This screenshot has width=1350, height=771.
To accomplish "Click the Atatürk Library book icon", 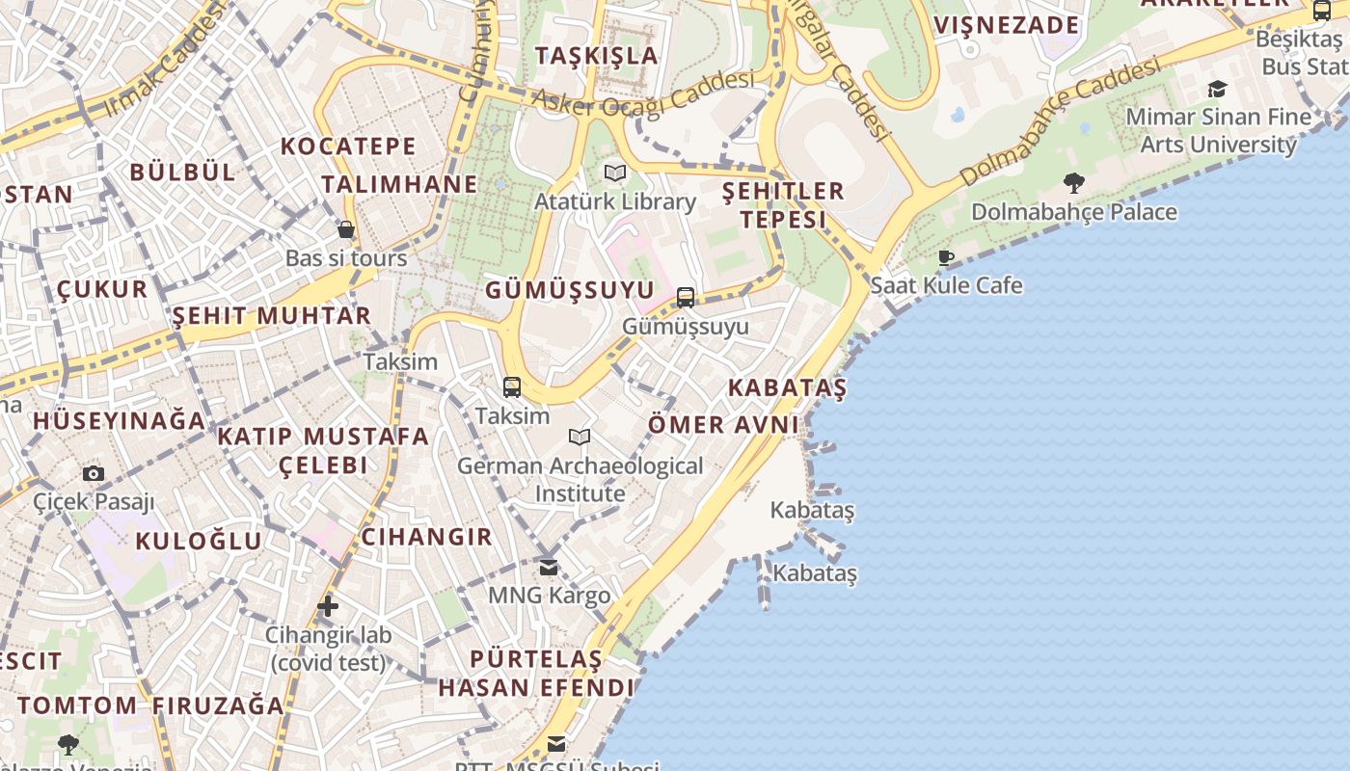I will tap(615, 173).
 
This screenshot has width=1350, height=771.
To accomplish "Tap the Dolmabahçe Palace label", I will tap(1073, 212).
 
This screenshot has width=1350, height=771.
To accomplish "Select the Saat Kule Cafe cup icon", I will tap(946, 257).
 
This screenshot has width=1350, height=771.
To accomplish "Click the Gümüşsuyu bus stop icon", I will tap(686, 297).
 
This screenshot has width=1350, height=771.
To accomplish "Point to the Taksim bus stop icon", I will tap(512, 387).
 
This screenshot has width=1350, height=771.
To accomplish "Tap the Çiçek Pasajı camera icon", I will tap(94, 473).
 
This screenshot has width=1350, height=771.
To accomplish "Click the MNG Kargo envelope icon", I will tap(549, 568).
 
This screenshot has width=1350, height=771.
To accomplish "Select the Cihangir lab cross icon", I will tap(328, 606).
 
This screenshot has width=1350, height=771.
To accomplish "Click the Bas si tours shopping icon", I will tap(346, 229).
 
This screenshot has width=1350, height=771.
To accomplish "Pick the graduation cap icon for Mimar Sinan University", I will tap(1217, 90).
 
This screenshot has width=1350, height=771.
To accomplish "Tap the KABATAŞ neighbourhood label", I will tap(787, 388).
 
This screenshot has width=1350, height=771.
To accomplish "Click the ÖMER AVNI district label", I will tap(723, 425).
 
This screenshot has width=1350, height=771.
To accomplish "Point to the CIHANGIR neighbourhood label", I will tap(426, 537).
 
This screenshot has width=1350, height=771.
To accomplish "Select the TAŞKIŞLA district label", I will tap(597, 55).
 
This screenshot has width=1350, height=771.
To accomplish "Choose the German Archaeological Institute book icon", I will tap(580, 438).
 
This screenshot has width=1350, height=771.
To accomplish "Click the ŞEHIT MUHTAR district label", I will tap(271, 316).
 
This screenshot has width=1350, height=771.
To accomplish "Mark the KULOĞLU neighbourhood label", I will tap(198, 541).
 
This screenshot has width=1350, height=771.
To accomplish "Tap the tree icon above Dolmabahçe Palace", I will tap(1073, 182).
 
